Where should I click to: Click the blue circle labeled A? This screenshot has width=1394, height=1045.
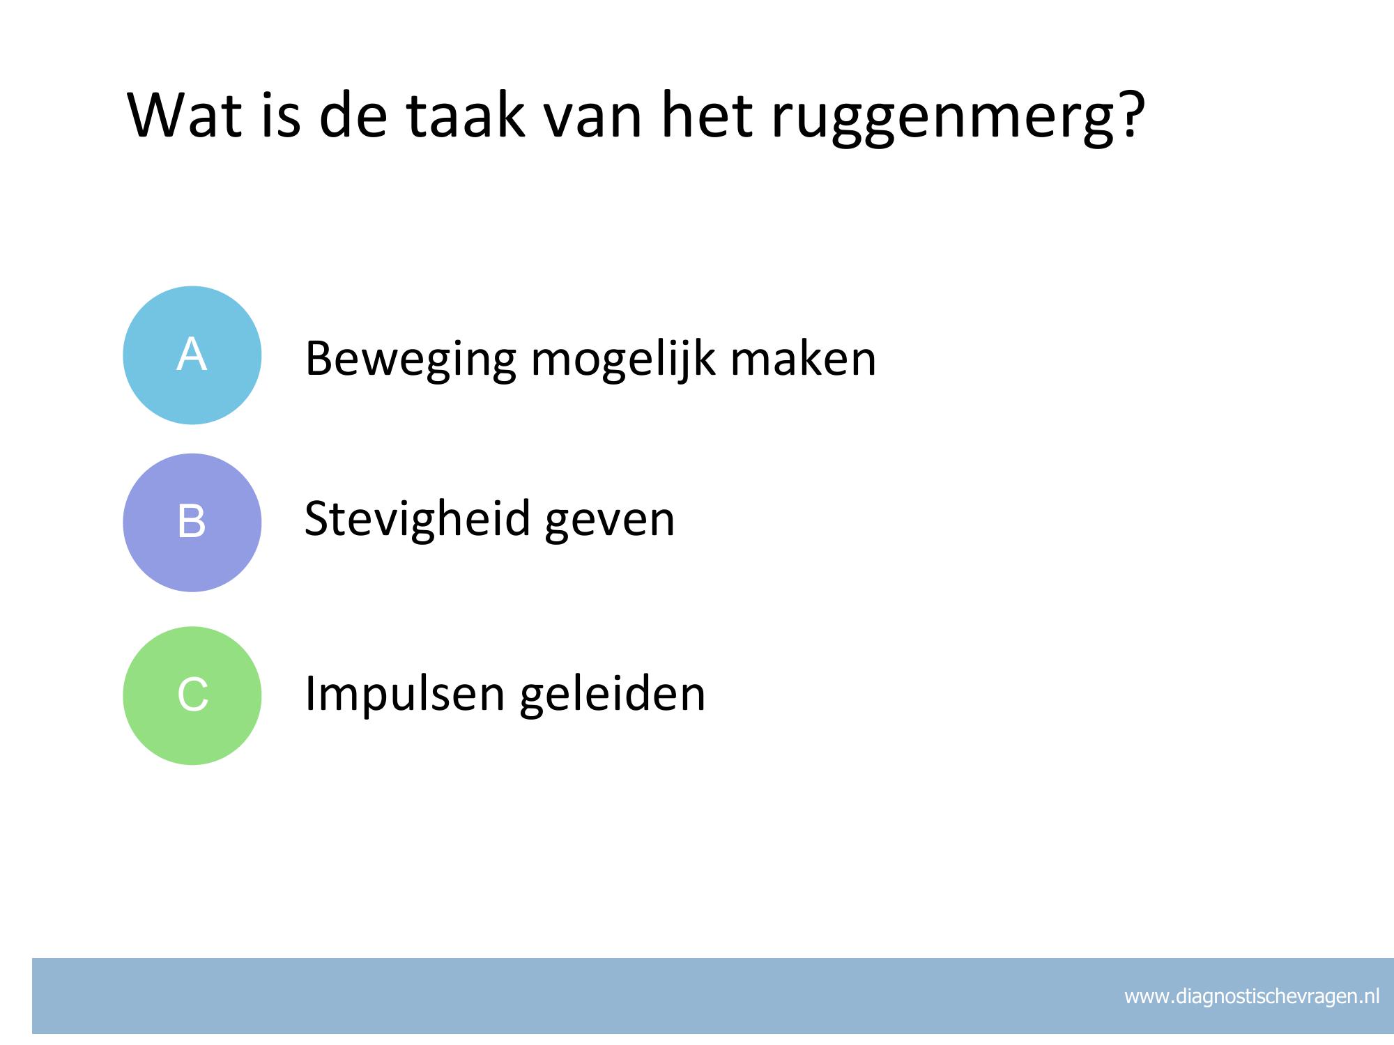192,355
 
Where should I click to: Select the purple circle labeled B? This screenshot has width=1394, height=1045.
192,522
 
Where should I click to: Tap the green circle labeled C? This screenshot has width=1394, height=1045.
192,695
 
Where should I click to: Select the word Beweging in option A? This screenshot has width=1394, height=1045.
411,360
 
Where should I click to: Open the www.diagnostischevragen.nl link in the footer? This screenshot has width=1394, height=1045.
1252,996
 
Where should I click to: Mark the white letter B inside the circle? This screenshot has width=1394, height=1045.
192,521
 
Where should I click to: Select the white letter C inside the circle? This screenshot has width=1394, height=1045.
192,695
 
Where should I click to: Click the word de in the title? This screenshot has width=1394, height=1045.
353,114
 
